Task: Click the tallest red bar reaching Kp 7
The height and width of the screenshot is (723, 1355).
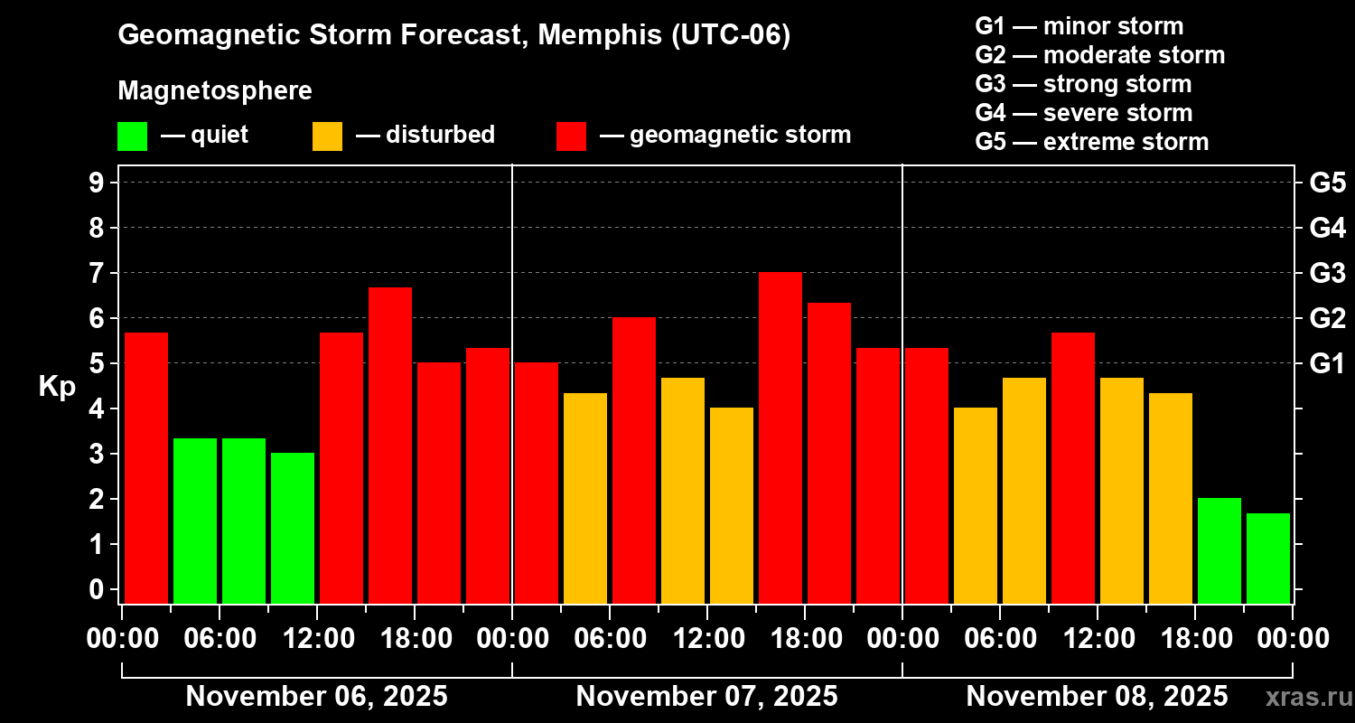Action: point(780,437)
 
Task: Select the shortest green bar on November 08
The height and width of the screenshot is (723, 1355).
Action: point(1268,558)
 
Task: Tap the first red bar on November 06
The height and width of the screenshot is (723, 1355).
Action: point(146,467)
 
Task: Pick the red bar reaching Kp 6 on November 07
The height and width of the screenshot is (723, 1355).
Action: point(634,460)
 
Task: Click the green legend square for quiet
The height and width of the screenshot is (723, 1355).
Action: point(132,136)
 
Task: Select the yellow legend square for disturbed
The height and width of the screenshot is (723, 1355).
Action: point(327,136)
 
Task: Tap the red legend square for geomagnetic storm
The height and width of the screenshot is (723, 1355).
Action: point(571,136)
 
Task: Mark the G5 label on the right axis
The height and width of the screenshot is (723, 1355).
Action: point(1327,183)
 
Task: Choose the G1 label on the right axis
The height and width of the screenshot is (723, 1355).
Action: point(1327,364)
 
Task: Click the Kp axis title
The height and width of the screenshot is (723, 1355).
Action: point(57,387)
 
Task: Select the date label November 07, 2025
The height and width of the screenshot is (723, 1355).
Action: point(706,697)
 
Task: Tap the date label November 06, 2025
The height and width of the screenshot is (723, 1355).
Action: point(316,697)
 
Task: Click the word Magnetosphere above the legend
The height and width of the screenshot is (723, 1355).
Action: point(215,91)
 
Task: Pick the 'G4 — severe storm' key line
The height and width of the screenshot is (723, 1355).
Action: point(1084,113)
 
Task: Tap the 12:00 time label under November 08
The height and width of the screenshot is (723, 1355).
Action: point(1097,639)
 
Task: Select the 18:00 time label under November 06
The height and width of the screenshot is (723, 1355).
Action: point(414,639)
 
